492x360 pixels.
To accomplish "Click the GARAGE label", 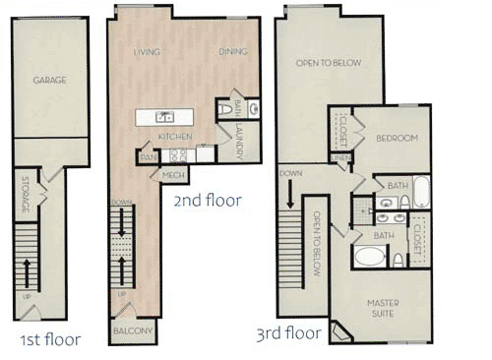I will tap(49, 81).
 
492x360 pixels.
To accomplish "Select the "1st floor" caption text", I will tap(49, 340).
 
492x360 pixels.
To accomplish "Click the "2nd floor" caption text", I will tap(207, 201).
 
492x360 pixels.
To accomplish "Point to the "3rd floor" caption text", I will tap(287, 333).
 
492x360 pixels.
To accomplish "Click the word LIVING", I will tap(148, 51).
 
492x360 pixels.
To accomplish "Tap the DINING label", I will tap(232, 51).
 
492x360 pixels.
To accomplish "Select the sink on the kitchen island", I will tap(164, 117).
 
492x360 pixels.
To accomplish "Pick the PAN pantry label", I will tap(148, 155).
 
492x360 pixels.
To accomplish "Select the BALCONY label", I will tap(133, 331).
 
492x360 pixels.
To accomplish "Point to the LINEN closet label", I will tap(341, 157).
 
